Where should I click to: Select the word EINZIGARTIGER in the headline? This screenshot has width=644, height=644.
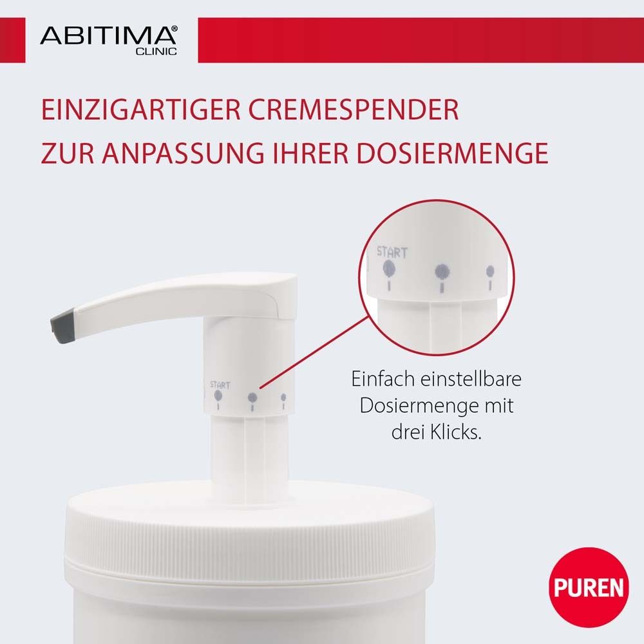129,110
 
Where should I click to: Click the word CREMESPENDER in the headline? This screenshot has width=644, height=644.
344,110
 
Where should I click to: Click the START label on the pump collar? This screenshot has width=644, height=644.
220,384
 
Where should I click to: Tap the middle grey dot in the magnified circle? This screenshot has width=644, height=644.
442,271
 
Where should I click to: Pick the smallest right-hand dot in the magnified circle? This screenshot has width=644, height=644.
490,271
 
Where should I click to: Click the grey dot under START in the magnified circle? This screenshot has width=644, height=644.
389,268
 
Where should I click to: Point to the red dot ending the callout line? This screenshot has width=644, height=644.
252,397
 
